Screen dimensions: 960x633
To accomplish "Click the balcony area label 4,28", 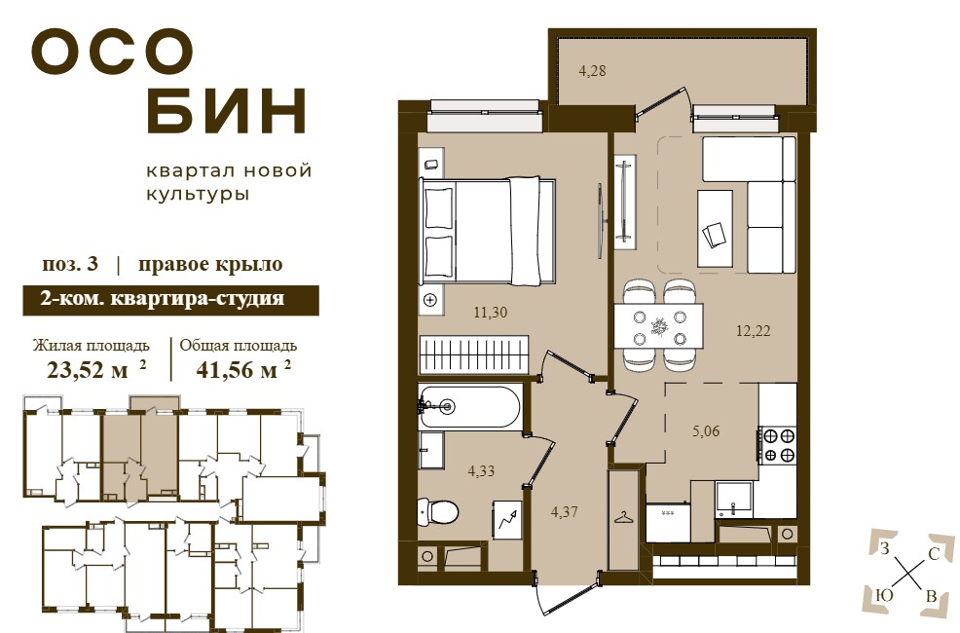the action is point(592,71).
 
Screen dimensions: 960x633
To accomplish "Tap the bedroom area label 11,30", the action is point(491,313).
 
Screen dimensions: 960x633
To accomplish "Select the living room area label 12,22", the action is point(753,331).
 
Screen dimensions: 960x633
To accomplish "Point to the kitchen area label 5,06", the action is point(706,431).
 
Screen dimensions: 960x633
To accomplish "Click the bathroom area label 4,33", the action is point(481,471).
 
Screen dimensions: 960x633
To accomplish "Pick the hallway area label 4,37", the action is point(564,512).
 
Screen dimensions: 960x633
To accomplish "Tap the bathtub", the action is point(469,405).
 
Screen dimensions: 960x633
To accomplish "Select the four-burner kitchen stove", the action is point(778,445).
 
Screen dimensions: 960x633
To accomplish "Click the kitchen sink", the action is point(733,500).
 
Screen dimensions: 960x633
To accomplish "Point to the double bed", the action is point(488,231).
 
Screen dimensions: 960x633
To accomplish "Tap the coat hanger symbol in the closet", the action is point(624,518).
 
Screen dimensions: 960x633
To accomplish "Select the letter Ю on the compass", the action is point(885,595).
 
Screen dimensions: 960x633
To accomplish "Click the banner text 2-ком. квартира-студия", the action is point(162,299).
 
